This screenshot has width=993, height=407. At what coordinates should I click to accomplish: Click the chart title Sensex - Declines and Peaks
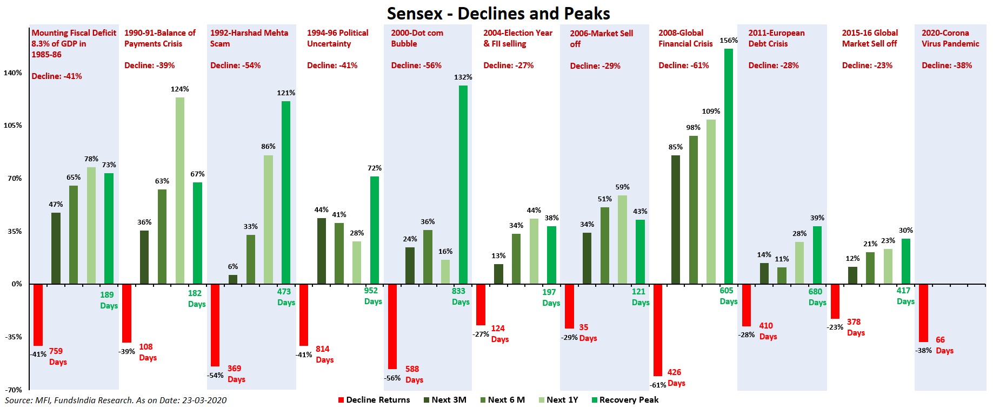pyautogui.click(x=498, y=14)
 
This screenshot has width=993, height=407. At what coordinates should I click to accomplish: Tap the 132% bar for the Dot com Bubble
pyautogui.click(x=463, y=184)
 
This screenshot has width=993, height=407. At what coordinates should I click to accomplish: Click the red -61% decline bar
pyautogui.click(x=657, y=330)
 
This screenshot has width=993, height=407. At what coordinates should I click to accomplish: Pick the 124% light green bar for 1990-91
pyautogui.click(x=179, y=190)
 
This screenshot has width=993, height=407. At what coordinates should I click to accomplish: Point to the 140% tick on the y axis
pyautogui.click(x=13, y=73)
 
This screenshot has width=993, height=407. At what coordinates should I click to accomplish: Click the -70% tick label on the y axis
pyautogui.click(x=13, y=390)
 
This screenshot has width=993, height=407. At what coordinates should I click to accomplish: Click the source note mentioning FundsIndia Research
pyautogui.click(x=116, y=401)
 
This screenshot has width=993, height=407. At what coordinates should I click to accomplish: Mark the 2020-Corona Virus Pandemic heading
pyautogui.click(x=950, y=38)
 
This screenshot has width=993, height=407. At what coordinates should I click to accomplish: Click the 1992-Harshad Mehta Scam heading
pyautogui.click(x=249, y=38)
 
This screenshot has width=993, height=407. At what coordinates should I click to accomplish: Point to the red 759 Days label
pyautogui.click(x=57, y=357)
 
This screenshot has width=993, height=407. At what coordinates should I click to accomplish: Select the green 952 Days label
pyautogui.click(x=372, y=296)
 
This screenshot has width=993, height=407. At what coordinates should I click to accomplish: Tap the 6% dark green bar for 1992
pyautogui.click(x=233, y=279)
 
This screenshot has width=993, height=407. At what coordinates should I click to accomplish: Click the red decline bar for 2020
pyautogui.click(x=923, y=313)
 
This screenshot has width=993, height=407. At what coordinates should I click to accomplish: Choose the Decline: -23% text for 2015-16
pyautogui.click(x=867, y=65)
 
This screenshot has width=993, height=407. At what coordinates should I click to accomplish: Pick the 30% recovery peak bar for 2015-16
pyautogui.click(x=905, y=261)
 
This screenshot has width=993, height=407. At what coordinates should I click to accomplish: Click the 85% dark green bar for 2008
pyautogui.click(x=675, y=219)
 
